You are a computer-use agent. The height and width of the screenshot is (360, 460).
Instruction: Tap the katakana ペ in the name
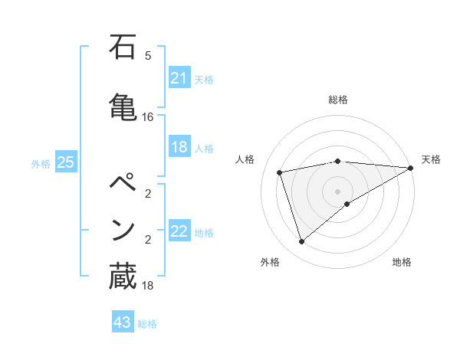123,184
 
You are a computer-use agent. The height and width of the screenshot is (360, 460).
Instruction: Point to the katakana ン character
123,229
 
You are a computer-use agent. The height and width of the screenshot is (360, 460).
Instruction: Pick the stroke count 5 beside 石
148,56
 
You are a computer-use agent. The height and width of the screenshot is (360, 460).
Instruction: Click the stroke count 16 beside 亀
148,117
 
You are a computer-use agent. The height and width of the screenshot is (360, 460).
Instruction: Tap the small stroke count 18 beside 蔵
148,286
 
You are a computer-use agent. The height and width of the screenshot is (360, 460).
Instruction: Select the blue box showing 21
179,78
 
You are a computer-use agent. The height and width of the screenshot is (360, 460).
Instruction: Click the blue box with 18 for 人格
179,147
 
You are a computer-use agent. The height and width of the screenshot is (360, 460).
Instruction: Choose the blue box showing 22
179,231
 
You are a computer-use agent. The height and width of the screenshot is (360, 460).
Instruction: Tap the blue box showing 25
65,162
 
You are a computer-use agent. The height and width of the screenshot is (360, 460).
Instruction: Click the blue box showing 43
122,322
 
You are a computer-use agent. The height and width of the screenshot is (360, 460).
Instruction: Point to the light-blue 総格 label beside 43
147,324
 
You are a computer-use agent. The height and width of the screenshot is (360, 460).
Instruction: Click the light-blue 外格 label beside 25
40,164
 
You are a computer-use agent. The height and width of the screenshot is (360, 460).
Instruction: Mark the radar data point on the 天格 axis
411,168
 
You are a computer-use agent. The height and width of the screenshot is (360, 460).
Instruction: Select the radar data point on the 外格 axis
301,242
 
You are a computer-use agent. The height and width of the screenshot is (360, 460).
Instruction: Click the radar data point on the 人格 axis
280,172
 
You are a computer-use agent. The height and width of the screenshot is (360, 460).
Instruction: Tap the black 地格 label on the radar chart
402,263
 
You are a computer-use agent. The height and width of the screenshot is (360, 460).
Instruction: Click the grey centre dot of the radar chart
338,191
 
